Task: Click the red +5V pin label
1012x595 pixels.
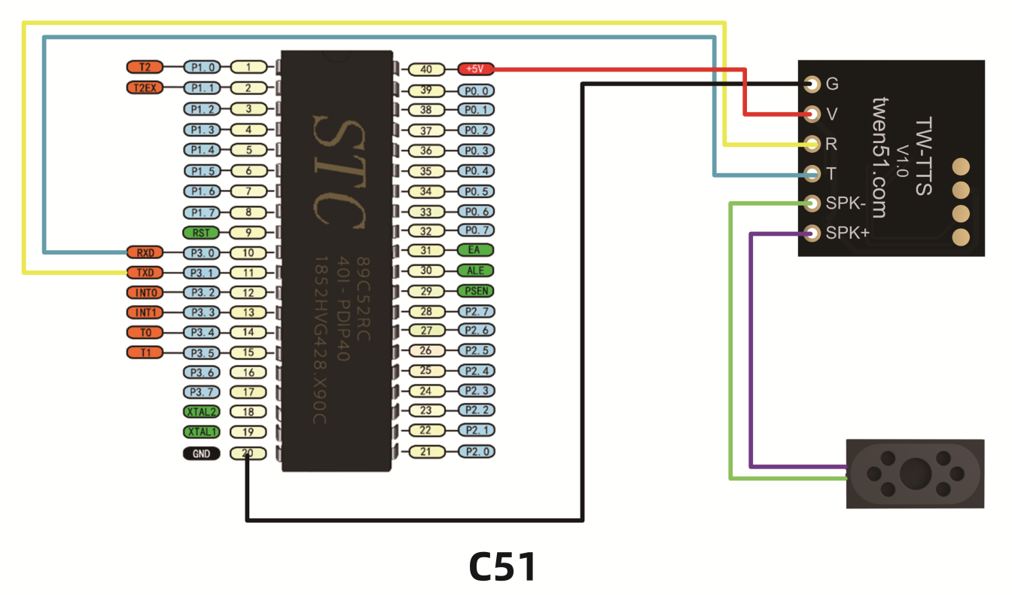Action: pyautogui.click(x=474, y=69)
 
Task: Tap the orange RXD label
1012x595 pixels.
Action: pyautogui.click(x=144, y=252)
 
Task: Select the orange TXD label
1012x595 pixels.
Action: pyautogui.click(x=144, y=272)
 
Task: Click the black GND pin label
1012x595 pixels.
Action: pyautogui.click(x=201, y=453)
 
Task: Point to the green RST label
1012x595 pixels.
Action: pyautogui.click(x=201, y=233)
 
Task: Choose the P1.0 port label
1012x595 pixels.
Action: pyautogui.click(x=203, y=67)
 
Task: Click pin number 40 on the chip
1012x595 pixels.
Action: pyautogui.click(x=426, y=69)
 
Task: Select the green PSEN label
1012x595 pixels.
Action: pyautogui.click(x=476, y=291)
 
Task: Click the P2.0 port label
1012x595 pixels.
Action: pyautogui.click(x=476, y=452)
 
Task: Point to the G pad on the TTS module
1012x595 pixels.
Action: pyautogui.click(x=812, y=84)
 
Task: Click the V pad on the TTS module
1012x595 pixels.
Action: pyautogui.click(x=812, y=114)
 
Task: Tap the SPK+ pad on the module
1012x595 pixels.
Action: pyautogui.click(x=812, y=233)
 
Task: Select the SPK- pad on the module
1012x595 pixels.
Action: pyautogui.click(x=812, y=203)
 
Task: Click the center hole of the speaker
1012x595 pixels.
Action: pyautogui.click(x=915, y=474)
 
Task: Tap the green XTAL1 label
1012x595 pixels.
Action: pyautogui.click(x=201, y=432)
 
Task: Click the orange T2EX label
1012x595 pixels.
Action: pyautogui.click(x=144, y=87)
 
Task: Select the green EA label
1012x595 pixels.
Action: pyautogui.click(x=476, y=250)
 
